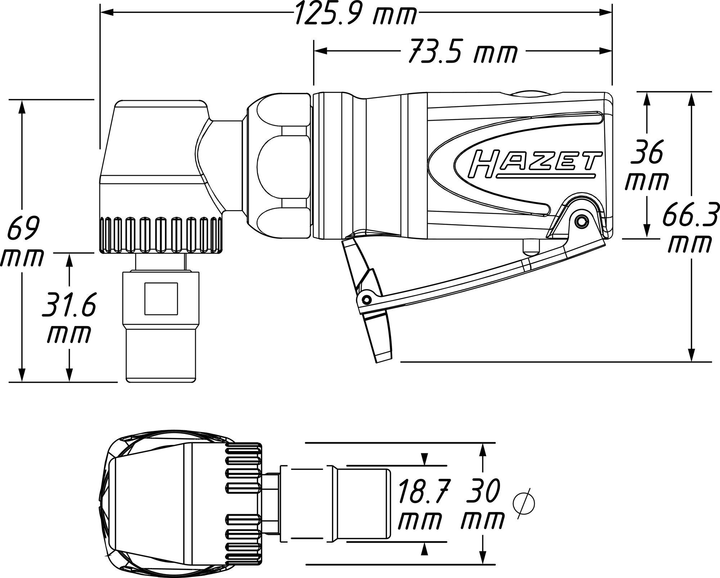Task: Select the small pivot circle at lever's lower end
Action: (366, 299)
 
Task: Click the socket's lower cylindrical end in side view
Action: (161, 355)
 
